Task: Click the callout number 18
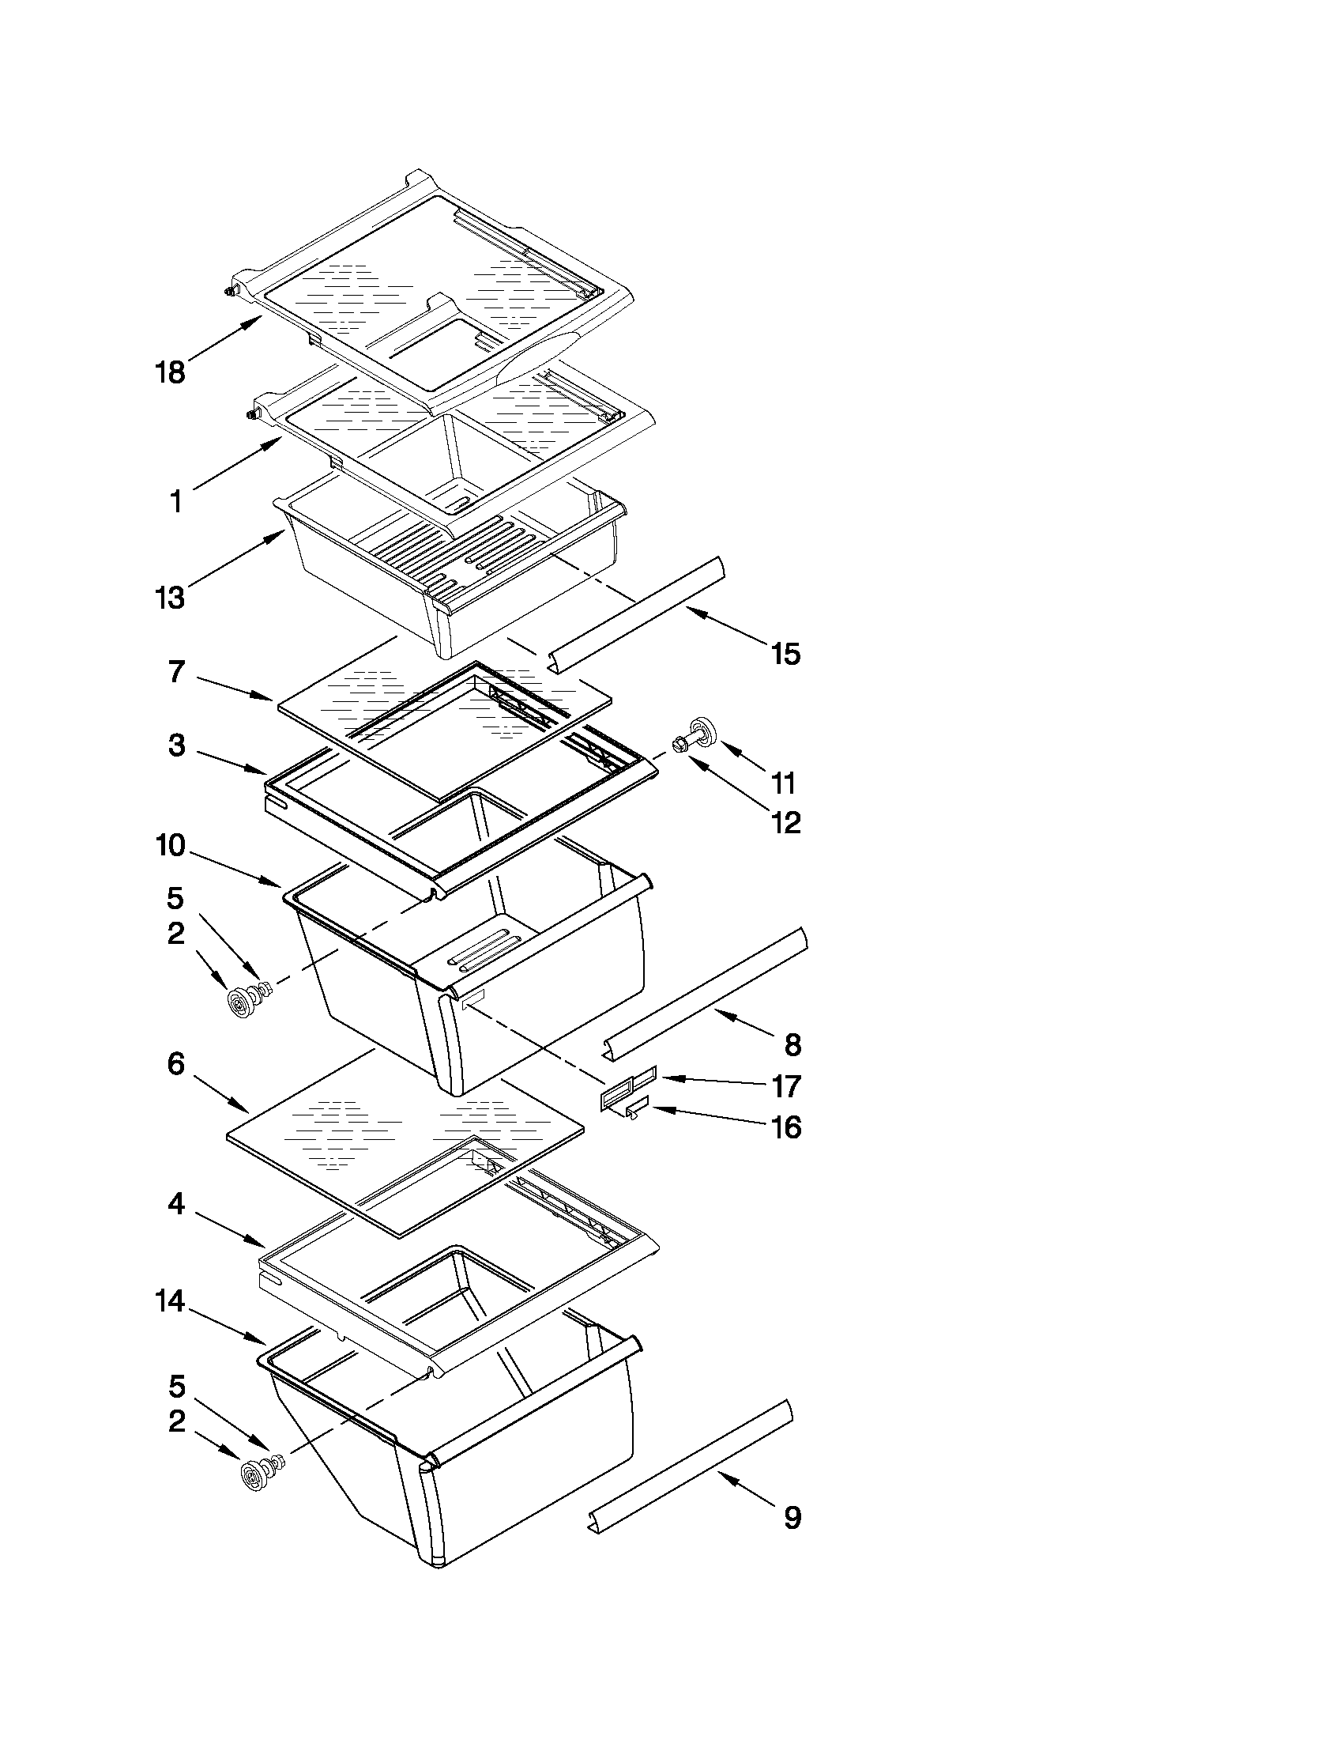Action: (x=170, y=372)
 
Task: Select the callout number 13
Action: (x=170, y=598)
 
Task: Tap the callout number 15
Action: (x=785, y=654)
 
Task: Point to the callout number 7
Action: (x=177, y=672)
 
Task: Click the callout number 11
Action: (x=784, y=784)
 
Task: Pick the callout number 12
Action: (x=785, y=822)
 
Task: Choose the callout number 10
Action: (x=170, y=845)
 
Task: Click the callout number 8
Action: (x=792, y=1044)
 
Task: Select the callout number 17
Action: (x=786, y=1086)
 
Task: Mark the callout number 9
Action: (x=792, y=1518)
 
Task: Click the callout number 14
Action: (x=170, y=1302)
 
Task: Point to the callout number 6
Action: (x=177, y=1063)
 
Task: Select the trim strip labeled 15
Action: (x=637, y=614)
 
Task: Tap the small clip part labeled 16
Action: (x=637, y=1109)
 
